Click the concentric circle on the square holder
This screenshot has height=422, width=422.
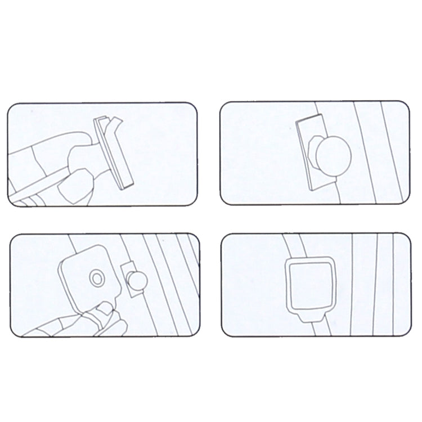point(97,277)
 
